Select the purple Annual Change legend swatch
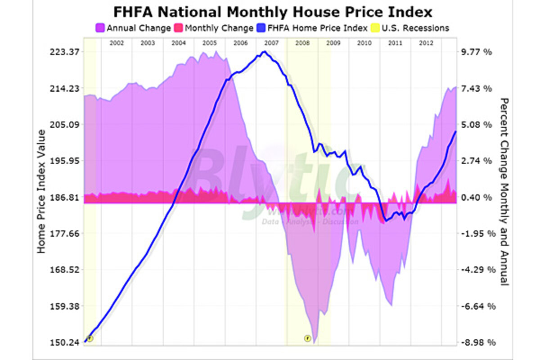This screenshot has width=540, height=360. pos(100,28)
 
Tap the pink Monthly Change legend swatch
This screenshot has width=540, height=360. pos(179,28)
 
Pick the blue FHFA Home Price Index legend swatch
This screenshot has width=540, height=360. pos(261,28)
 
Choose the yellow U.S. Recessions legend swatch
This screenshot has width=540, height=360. pos(374,28)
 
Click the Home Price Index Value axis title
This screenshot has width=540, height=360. pos(41,191)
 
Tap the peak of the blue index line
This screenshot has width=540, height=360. pos(265,52)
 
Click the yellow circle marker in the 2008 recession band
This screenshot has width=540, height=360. pos(307,338)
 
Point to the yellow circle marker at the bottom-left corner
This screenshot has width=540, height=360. pos(90,338)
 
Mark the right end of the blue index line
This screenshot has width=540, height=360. pos(456,131)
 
